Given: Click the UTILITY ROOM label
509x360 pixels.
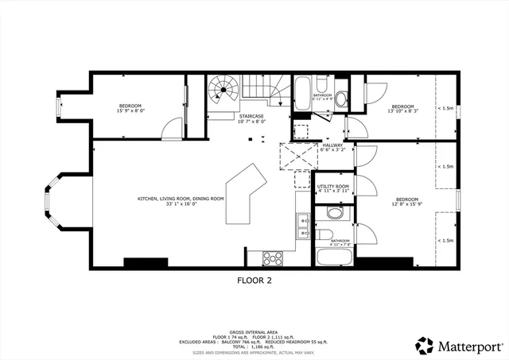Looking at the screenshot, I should tap(333, 187).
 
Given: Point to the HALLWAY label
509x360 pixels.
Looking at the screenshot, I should tap(332, 145).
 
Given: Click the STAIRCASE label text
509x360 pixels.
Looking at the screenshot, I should tap(253, 116).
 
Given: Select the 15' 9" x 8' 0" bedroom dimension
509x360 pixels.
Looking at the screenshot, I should tap(130, 111).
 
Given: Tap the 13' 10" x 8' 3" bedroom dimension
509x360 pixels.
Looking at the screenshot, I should tap(402, 112).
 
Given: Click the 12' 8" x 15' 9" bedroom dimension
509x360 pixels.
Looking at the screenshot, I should tap(406, 204).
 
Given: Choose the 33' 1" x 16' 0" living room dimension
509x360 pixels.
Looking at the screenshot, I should tap(180, 204).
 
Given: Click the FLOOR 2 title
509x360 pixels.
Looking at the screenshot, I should tap(254, 280).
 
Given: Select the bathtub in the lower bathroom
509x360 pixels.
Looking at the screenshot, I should tap(329, 257).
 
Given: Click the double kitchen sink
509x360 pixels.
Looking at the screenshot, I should tap(303, 226).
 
